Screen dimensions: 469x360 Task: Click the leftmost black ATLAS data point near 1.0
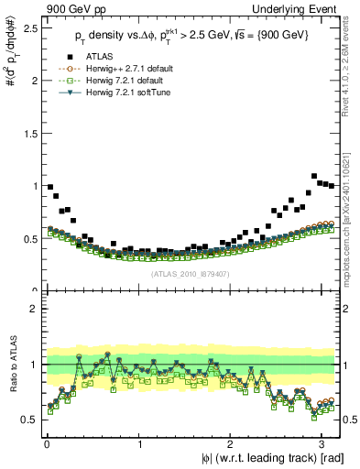point(50,186)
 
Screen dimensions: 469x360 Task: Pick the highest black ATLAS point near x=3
point(315,176)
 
